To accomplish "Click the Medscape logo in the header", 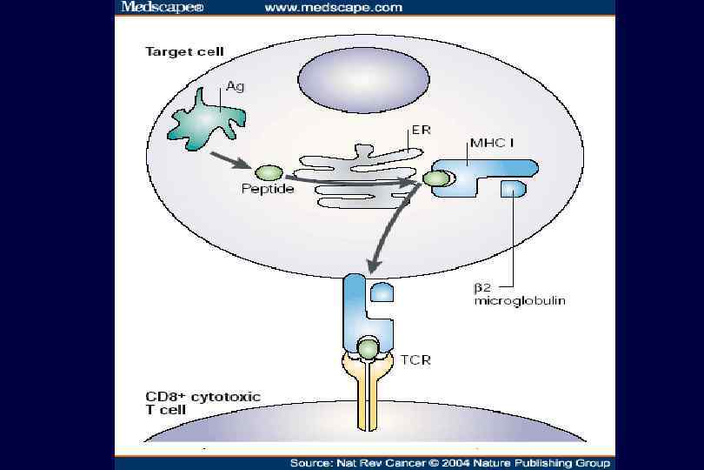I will coord(149,7).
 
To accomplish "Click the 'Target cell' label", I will coord(183,51).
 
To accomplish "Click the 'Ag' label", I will coord(235,86).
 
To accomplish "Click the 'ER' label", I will coord(422,131).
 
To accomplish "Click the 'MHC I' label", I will coord(491,142).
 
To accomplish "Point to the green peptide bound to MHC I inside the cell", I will coord(436,179).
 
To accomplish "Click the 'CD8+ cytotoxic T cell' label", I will coord(203,405).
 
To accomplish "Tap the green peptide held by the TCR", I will coord(369,350).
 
